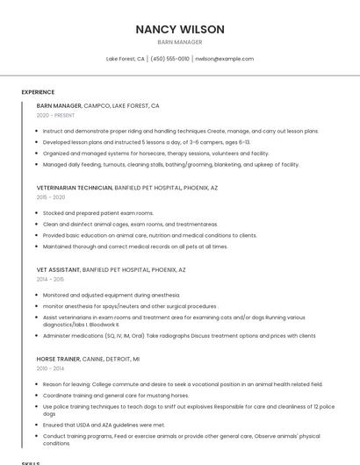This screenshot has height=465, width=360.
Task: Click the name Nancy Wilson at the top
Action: (x=179, y=29)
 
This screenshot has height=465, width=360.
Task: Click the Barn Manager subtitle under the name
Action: (x=179, y=42)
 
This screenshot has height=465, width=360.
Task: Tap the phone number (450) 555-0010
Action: (x=169, y=59)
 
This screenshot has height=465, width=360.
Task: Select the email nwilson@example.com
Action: (x=224, y=59)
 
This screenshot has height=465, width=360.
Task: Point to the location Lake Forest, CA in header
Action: (x=126, y=59)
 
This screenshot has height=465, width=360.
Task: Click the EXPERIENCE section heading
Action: (x=38, y=91)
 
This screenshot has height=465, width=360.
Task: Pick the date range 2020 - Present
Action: (x=55, y=115)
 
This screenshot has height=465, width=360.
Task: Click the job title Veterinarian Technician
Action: (x=75, y=188)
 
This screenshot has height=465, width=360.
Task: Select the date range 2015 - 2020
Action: (x=51, y=197)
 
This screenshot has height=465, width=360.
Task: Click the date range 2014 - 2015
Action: (x=50, y=280)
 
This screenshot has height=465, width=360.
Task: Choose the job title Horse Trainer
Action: (x=58, y=359)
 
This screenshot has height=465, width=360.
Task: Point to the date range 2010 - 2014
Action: (x=50, y=368)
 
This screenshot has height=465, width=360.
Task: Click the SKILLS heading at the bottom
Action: (x=31, y=462)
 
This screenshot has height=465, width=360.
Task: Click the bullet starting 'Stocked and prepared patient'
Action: (x=98, y=213)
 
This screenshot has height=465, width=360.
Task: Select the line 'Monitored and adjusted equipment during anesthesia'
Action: (x=112, y=296)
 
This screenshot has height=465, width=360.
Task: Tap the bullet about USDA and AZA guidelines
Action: (x=104, y=425)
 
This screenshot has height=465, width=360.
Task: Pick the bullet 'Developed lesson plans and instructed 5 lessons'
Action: (x=146, y=142)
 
